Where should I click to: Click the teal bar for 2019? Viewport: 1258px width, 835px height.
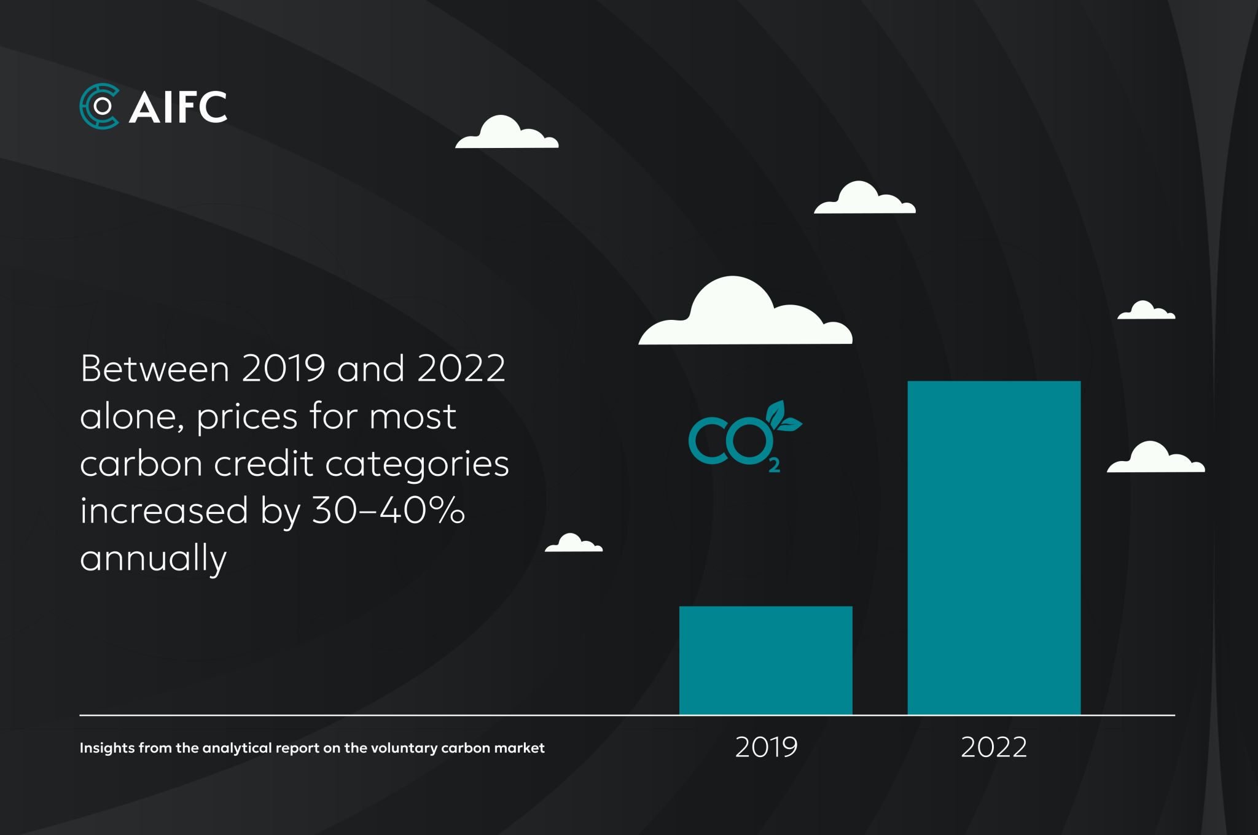[x=765, y=660]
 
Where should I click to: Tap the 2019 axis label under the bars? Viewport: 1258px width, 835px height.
[x=766, y=747]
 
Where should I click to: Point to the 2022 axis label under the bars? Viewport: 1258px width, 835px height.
[x=993, y=747]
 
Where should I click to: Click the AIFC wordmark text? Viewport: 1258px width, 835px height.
[x=178, y=107]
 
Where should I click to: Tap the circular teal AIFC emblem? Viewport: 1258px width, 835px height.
[x=100, y=106]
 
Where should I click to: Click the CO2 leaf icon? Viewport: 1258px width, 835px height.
[x=737, y=439]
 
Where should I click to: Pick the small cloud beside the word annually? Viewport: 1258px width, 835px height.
[x=573, y=543]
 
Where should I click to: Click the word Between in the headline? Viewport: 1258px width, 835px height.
[x=155, y=368]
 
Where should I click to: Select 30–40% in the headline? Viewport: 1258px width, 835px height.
[x=388, y=510]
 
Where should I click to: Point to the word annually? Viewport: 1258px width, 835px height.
[x=154, y=559]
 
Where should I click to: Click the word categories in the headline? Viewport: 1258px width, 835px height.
[x=417, y=464]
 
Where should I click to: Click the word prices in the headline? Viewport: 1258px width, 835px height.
[x=247, y=417]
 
